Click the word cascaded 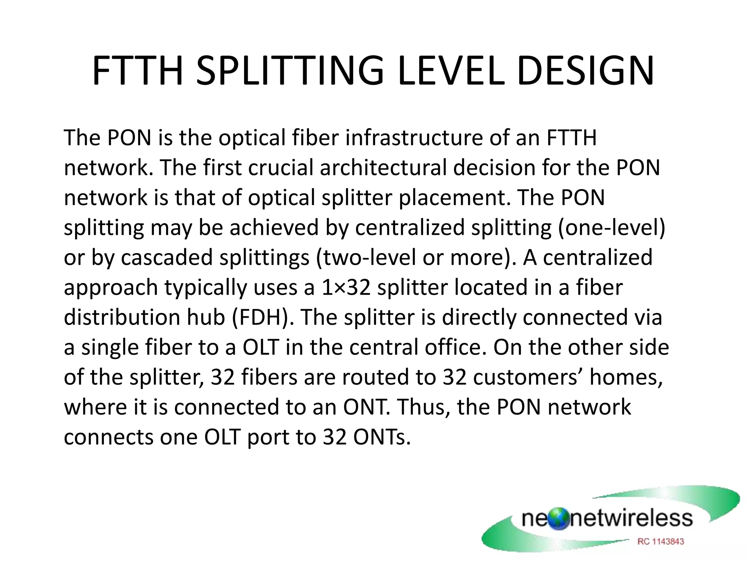(x=167, y=258)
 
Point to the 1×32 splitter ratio (x=346, y=288)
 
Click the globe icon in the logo (x=558, y=519)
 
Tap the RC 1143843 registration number (x=661, y=542)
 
